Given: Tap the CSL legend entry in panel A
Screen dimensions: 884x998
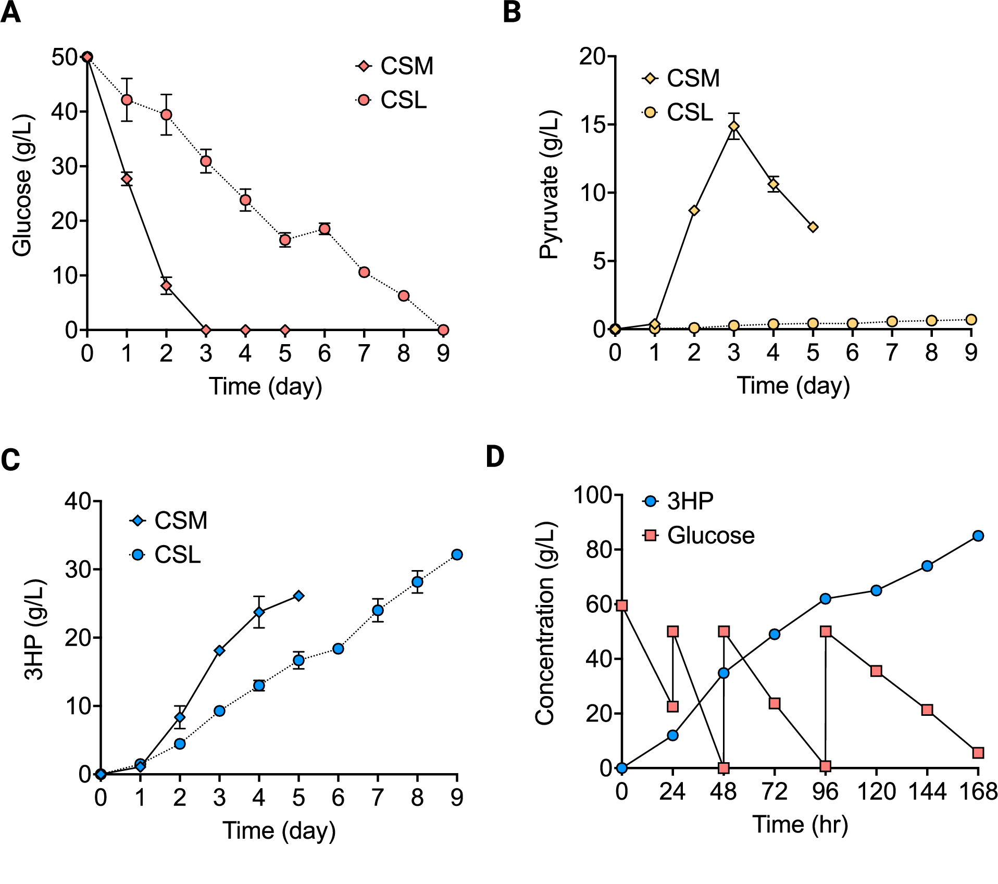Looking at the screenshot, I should coord(392,100).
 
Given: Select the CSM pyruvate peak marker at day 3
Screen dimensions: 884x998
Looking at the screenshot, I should coord(734,127).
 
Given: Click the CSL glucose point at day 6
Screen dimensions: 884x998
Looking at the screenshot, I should coord(325,229).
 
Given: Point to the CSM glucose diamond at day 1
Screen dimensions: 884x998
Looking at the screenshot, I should coord(127,179).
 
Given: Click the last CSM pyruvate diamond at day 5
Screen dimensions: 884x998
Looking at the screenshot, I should coord(813,227).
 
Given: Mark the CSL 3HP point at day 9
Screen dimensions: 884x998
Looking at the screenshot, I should coord(457,554).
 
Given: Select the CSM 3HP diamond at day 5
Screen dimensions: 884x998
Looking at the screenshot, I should coord(298,596).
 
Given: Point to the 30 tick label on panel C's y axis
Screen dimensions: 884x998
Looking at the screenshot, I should coord(78,570).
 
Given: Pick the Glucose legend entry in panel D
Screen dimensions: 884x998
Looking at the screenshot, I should coord(698,536).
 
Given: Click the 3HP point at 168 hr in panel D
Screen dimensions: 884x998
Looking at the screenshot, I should coord(978,536).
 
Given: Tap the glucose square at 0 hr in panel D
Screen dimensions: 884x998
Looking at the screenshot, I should coord(621,605).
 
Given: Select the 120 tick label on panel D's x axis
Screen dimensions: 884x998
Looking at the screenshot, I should coord(876,792).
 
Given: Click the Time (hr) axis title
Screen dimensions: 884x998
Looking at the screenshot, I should coord(800,825).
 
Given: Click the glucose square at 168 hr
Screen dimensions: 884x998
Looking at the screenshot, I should coord(978,753).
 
